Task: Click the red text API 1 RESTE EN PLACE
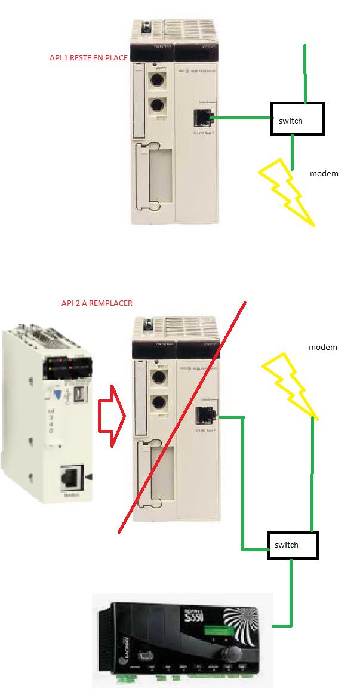point(88,59)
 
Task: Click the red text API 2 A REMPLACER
point(97,303)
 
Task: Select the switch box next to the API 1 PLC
point(297,119)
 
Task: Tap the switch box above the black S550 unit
point(293,545)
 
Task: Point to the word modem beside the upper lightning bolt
point(324,174)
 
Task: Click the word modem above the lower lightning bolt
point(323,347)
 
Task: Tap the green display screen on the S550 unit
point(215,629)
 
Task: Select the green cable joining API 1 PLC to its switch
point(242,118)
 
